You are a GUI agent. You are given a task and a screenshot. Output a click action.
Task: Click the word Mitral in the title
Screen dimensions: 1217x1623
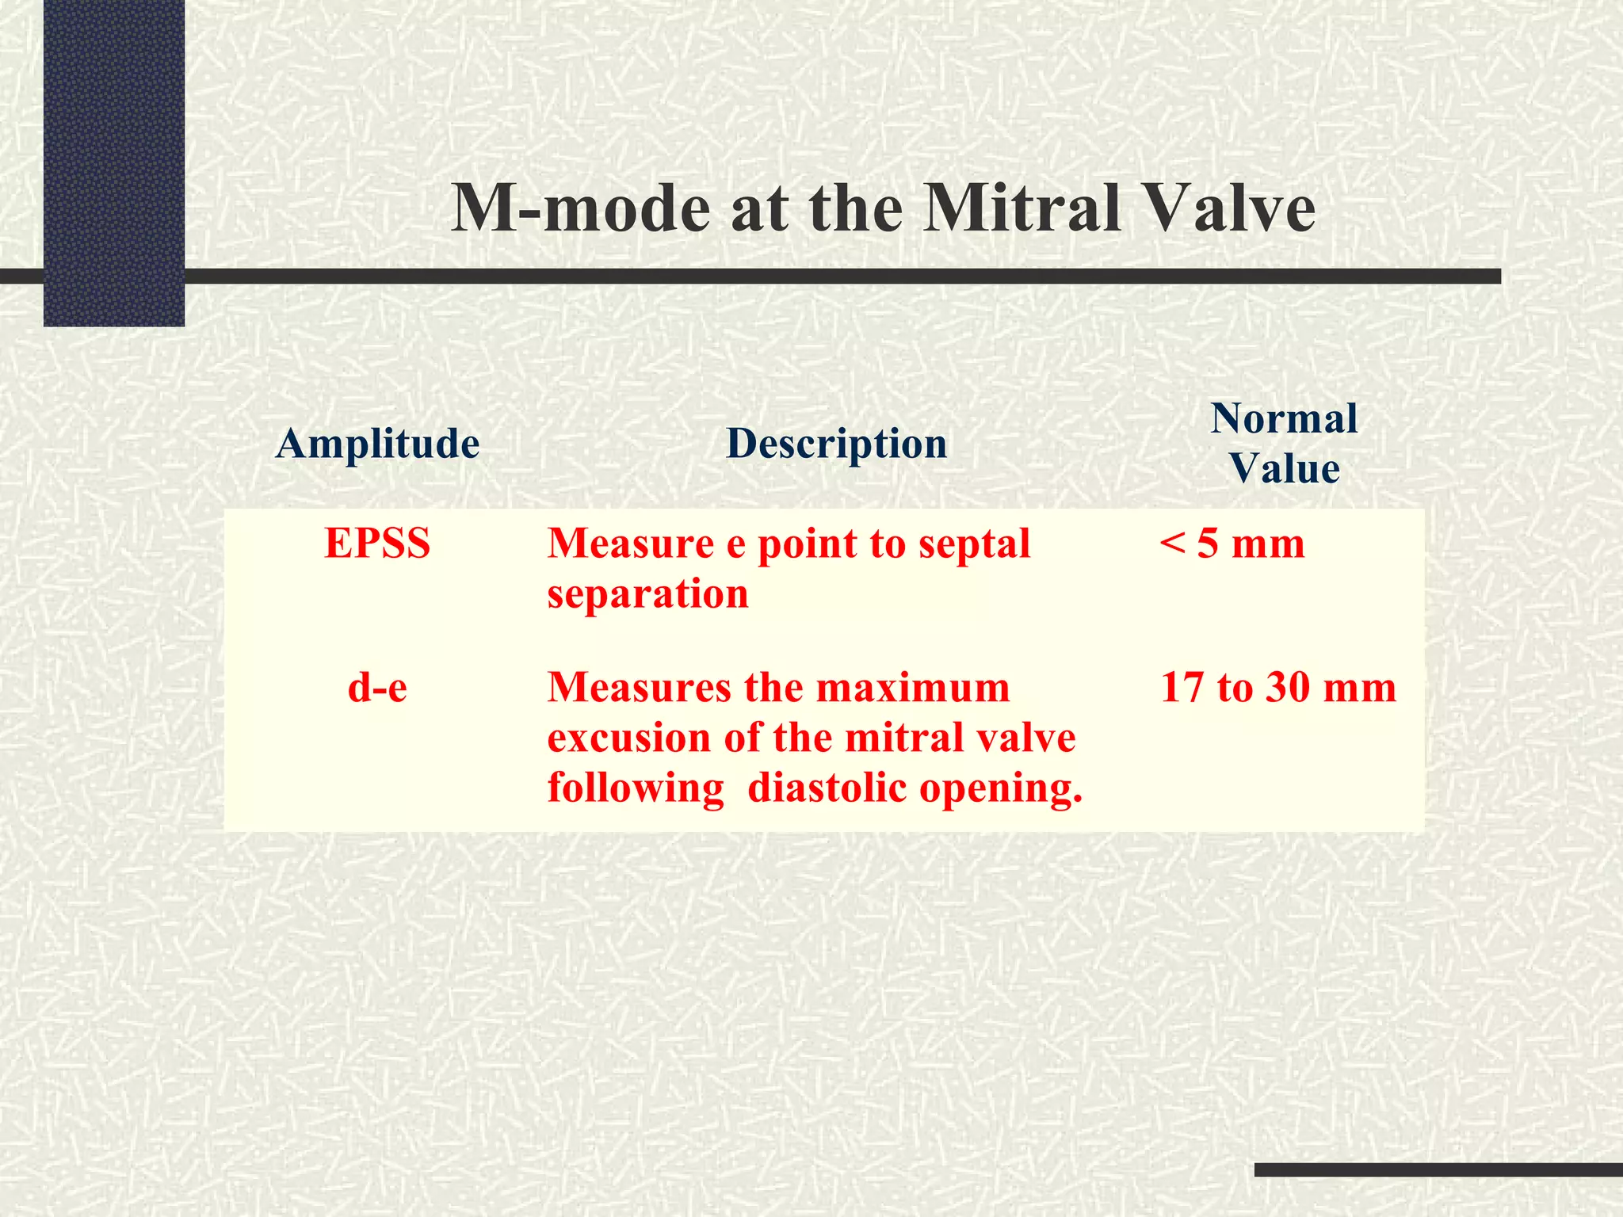(x=1022, y=208)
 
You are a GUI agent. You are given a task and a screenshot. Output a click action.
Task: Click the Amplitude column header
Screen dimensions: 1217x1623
(x=377, y=443)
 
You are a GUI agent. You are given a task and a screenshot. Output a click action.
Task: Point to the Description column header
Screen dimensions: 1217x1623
(x=836, y=443)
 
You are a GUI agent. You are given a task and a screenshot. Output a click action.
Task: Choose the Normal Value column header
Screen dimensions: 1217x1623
(x=1284, y=443)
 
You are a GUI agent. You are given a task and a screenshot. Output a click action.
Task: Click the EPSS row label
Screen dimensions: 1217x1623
(x=377, y=544)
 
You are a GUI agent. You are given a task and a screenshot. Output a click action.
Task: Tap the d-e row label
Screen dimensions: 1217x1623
(x=377, y=687)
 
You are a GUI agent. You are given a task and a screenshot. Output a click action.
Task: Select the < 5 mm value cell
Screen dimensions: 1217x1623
(x=1232, y=544)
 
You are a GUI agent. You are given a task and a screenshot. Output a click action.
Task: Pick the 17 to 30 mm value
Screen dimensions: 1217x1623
(x=1277, y=687)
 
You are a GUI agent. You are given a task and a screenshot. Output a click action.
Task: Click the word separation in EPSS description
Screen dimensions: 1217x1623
(x=647, y=594)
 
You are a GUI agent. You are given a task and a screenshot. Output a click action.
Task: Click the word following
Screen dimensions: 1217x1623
(x=636, y=789)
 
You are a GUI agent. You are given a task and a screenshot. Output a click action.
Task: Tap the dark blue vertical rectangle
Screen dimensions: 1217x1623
(x=114, y=162)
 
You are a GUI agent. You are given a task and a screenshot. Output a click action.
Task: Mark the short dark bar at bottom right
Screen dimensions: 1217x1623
(x=1438, y=1169)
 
